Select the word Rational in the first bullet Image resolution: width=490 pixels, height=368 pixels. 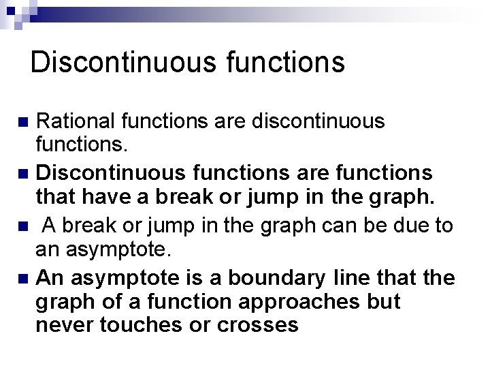click(x=71, y=121)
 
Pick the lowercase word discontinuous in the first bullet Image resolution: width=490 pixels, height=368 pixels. click(x=318, y=121)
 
